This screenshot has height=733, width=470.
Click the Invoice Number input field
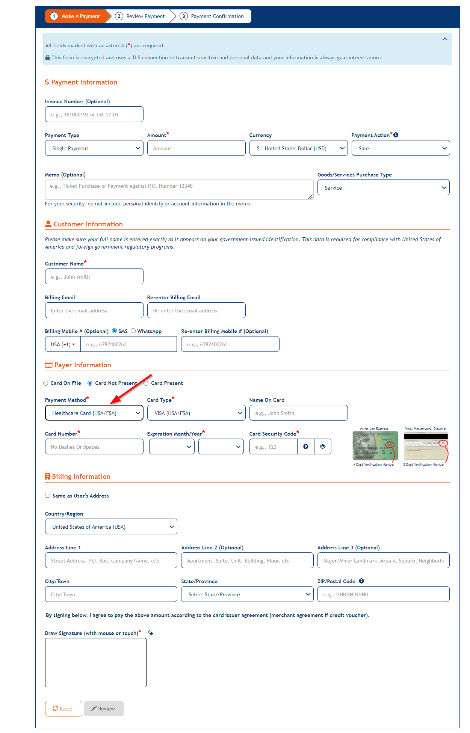coord(94,114)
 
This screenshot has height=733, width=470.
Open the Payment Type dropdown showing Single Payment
coord(94,148)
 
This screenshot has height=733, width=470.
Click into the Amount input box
coord(196,148)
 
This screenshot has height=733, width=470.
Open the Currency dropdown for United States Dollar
coord(298,148)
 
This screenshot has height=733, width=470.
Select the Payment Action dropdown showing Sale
coord(400,148)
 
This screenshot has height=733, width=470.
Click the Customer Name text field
coord(94,276)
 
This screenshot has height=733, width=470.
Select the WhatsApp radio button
coord(133,331)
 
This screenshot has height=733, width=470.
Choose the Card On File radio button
coord(46,383)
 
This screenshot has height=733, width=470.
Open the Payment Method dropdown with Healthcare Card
coord(94,413)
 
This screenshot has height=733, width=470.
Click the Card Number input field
coord(94,446)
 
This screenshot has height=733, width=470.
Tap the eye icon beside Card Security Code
coord(322,446)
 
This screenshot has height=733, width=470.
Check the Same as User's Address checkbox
coord(48,495)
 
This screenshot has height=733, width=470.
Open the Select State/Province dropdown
coord(247,594)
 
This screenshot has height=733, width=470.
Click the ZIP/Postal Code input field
coord(383,594)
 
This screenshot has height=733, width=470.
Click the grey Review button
coord(104,708)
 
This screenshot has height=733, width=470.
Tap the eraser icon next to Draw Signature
coord(150,633)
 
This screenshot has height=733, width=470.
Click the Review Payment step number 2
coord(119,16)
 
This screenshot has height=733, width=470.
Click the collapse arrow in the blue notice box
coord(445,39)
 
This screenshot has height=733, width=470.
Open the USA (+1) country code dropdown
coord(63,344)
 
